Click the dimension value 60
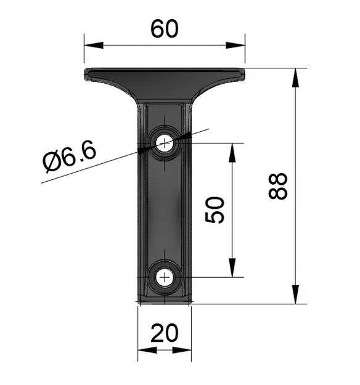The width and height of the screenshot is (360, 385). pos(164,28)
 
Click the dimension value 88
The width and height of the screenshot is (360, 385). pos(279,186)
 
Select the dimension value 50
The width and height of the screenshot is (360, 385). pos(215,210)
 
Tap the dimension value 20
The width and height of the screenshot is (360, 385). pos(164,333)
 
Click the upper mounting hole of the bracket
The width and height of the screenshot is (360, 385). pos(165,144)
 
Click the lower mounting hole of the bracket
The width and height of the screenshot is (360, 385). pos(165,277)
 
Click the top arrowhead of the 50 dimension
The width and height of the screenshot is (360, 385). pos(232,152)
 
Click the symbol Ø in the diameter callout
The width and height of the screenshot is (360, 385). pos(52,162)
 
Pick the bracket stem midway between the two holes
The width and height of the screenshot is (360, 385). pos(165,210)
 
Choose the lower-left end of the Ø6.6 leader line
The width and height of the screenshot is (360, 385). pos(43,183)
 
